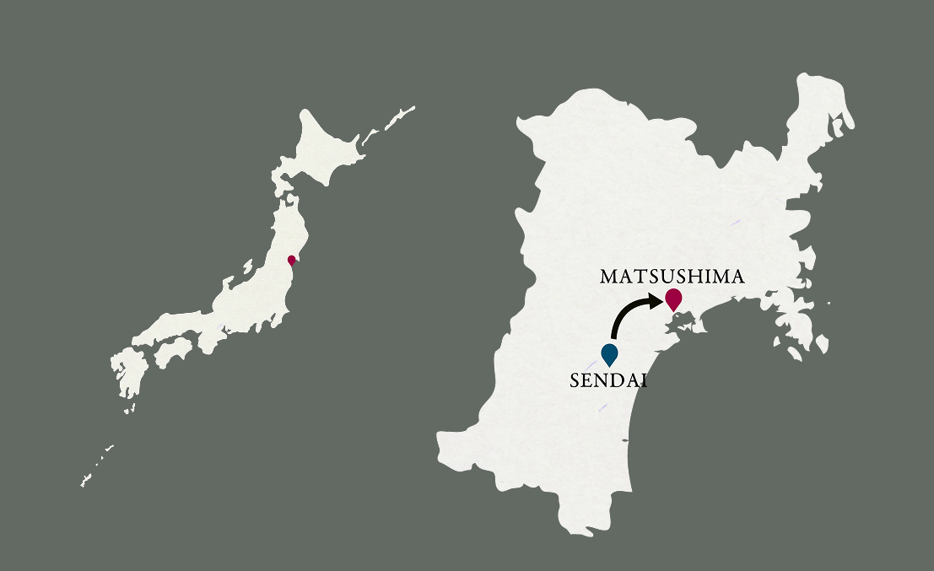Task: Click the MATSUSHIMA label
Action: click(672, 277)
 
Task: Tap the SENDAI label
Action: click(608, 380)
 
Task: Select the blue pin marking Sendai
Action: click(609, 353)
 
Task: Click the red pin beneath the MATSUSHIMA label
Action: click(673, 298)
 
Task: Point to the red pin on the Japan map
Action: click(291, 260)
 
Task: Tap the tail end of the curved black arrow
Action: click(613, 337)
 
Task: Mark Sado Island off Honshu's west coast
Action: click(247, 267)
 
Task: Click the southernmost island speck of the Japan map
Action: click(84, 483)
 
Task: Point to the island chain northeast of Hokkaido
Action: click(397, 118)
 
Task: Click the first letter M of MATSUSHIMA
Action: click(608, 277)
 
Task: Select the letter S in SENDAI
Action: click(575, 380)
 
